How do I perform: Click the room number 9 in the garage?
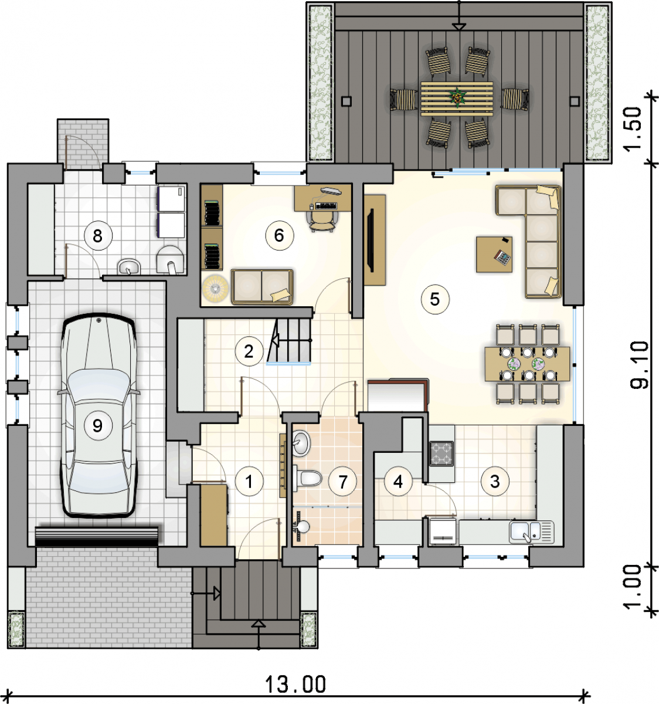pyautogui.click(x=98, y=425)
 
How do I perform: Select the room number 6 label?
pyautogui.click(x=279, y=235)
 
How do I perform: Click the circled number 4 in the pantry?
pyautogui.click(x=398, y=482)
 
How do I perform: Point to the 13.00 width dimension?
pyautogui.click(x=295, y=685)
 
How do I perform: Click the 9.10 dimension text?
pyautogui.click(x=640, y=365)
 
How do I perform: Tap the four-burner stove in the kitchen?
pyautogui.click(x=441, y=453)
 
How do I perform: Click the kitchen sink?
pyautogui.click(x=531, y=532)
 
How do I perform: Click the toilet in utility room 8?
pyautogui.click(x=170, y=260)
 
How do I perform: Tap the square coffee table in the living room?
pyautogui.click(x=494, y=255)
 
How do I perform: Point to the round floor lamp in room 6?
pyautogui.click(x=215, y=289)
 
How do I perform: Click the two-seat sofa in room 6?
pyautogui.click(x=262, y=287)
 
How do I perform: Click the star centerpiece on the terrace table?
pyautogui.click(x=457, y=97)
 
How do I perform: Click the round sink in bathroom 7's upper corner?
pyautogui.click(x=301, y=443)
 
